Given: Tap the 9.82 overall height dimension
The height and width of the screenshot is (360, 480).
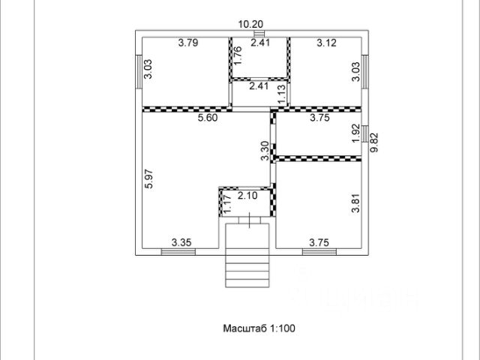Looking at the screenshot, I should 374,143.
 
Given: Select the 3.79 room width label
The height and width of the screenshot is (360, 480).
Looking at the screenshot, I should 189,43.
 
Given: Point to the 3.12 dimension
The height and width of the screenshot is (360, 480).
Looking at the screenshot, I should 326,43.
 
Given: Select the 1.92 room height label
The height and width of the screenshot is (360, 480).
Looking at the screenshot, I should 356,133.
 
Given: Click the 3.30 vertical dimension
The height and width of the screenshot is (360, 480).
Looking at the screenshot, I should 265,152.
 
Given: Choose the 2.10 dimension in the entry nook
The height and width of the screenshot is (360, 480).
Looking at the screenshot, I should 248,196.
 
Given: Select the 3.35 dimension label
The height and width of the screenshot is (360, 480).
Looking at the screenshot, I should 181,241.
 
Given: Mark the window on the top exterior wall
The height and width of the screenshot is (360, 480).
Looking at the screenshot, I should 259,34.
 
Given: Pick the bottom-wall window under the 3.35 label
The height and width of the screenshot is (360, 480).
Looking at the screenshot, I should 178,250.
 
